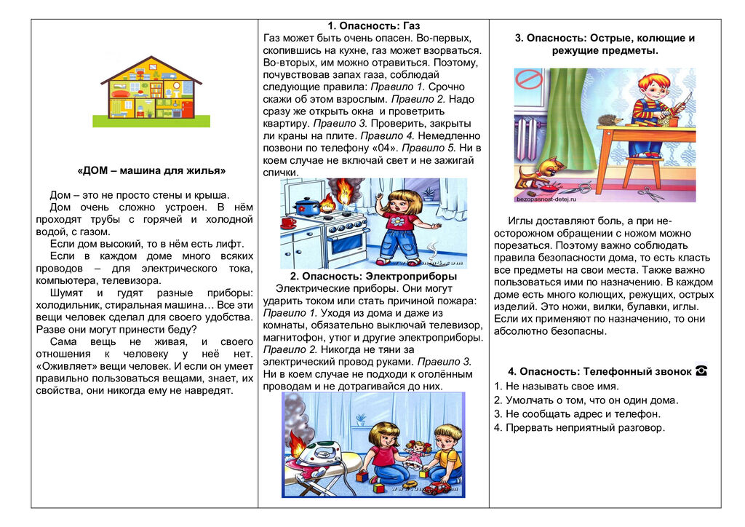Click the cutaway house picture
[151, 91]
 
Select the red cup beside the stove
[289, 223]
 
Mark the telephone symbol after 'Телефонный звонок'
[701, 371]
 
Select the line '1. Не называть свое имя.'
[556, 387]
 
